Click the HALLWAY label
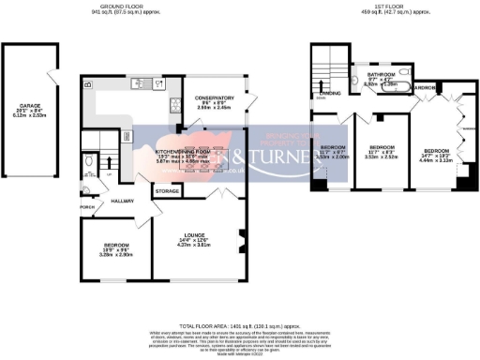pos(124,201)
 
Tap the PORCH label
pos(87,208)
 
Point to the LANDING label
pos(330,93)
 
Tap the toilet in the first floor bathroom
pos(358,82)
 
